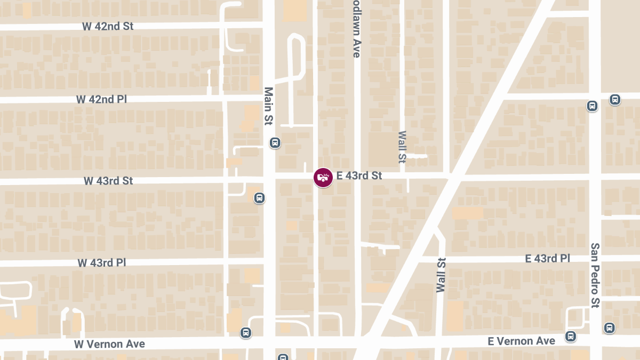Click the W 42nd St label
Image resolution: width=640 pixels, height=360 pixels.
108,26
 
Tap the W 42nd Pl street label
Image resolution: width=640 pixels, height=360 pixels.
102,99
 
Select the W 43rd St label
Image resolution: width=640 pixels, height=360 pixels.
108,181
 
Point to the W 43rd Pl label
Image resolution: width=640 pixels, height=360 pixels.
101,263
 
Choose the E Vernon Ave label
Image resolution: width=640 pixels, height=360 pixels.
522,341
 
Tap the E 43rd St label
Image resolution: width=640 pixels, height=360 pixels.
359,175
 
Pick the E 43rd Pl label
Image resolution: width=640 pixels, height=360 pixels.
548,259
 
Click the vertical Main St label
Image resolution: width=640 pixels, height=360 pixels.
268,106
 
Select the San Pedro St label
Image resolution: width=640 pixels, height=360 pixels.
595,275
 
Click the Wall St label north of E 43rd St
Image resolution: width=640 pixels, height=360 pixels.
402,147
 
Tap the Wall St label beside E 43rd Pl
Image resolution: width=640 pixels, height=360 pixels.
441,275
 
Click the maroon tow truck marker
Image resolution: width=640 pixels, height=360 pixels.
323,177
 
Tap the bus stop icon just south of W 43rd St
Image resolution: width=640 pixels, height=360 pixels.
259,198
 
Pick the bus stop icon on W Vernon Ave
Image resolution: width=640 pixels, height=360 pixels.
245,333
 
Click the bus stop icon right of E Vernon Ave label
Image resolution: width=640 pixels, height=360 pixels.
571,336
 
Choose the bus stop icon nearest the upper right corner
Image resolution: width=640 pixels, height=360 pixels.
615,99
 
